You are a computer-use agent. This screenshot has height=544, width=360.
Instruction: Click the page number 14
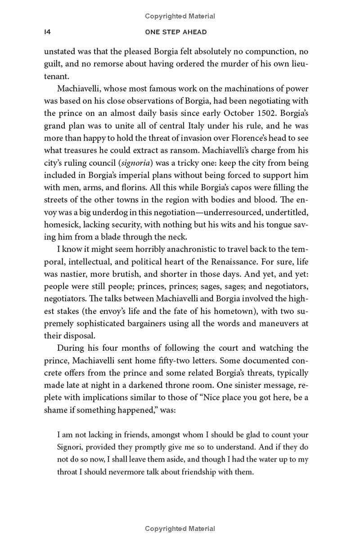[x=46, y=32]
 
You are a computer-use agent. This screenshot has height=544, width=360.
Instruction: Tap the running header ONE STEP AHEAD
[x=180, y=32]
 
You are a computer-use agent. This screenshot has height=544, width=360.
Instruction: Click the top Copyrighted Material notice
[x=180, y=16]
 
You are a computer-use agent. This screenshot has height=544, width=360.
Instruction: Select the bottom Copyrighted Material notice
[x=180, y=529]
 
